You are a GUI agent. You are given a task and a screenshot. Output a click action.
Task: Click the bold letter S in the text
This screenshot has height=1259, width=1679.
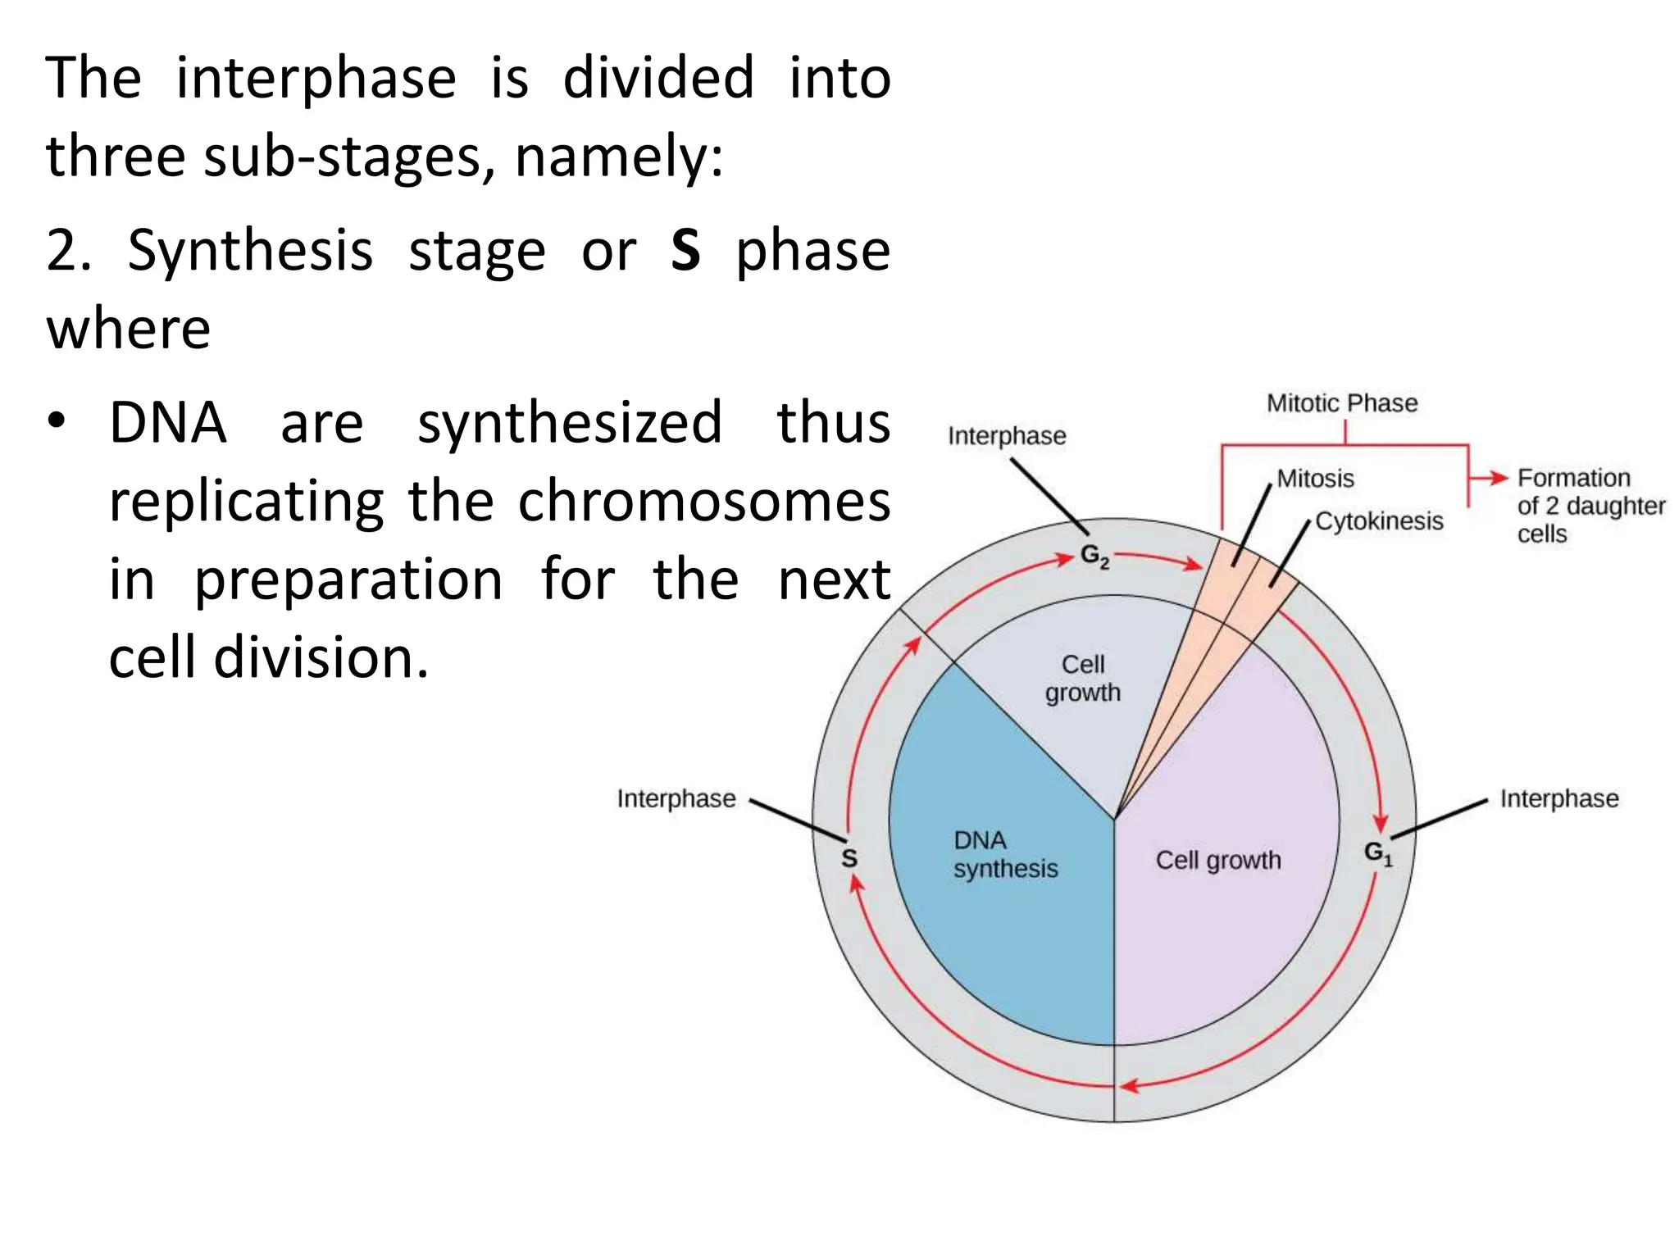coord(685,250)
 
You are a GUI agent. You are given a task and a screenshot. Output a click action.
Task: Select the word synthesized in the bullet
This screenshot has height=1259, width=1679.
coord(570,423)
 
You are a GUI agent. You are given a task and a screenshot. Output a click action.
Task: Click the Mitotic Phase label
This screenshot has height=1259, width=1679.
coord(1341,403)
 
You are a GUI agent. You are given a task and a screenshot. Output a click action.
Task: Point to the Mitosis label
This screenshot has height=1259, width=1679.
coord(1315,479)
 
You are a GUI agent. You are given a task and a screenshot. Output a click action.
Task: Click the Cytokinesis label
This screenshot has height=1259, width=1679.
coord(1379,521)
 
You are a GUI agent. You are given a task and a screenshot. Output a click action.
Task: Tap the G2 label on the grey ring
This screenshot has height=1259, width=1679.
coord(1094,557)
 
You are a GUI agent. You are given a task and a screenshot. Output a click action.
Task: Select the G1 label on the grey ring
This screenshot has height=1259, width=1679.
coord(1377,853)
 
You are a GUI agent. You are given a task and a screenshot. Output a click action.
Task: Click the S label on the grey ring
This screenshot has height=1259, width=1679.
coord(849,858)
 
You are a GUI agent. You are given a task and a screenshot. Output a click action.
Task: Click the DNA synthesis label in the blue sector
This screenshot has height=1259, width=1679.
coord(1004,855)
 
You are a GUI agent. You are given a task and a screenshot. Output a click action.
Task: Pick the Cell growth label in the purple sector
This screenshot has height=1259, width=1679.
coord(1217,860)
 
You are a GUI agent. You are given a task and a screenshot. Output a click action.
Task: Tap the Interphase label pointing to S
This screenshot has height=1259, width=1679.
coord(676,798)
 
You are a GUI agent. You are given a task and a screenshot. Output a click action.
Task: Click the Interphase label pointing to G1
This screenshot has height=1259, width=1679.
coord(1558,798)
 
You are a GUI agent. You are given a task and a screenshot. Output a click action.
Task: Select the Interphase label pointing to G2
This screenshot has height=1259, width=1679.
coord(1007,436)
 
